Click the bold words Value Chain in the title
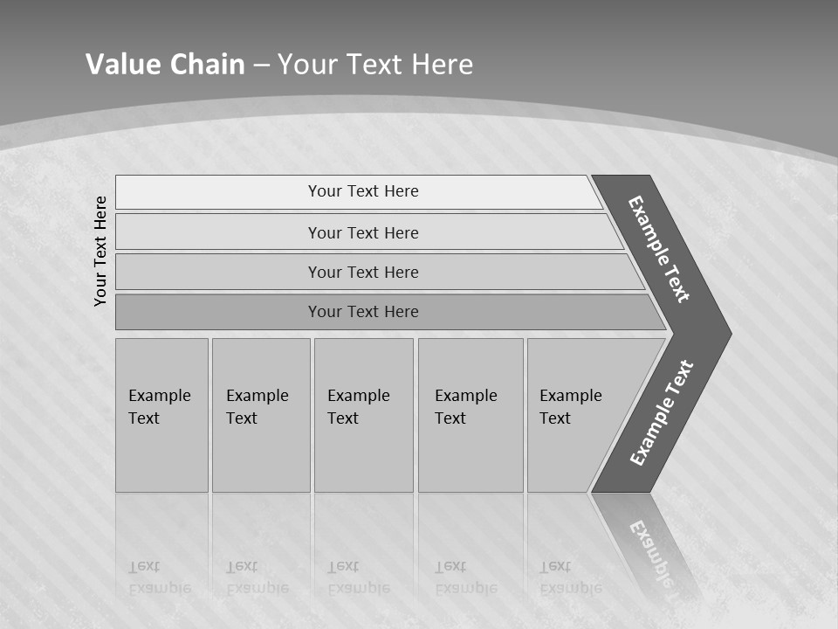tap(165, 65)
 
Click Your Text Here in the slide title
tap(375, 65)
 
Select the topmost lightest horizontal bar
tap(363, 191)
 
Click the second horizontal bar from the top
tap(363, 232)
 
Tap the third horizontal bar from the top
tap(363, 272)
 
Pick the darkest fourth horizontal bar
tap(363, 312)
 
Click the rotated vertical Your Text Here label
tap(100, 251)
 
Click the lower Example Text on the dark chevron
tap(661, 413)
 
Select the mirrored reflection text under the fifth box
tap(570, 577)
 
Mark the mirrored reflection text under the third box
tap(358, 577)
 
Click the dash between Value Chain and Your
tap(261, 66)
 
